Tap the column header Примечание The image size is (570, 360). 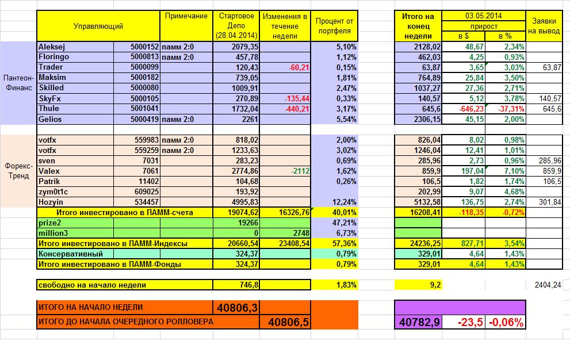(x=186, y=16)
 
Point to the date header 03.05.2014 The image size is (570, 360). (x=485, y=16)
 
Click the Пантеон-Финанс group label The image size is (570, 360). (x=18, y=83)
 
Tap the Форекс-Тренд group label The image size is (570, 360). (x=18, y=170)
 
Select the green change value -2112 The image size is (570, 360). (x=300, y=171)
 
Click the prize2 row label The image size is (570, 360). (x=50, y=223)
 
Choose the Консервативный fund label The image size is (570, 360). (x=71, y=254)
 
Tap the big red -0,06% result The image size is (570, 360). (x=506, y=323)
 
